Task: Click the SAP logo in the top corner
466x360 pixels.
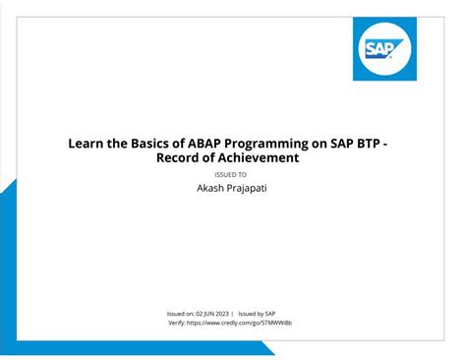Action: click(384, 48)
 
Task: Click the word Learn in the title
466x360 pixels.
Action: click(87, 144)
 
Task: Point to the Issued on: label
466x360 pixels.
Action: click(184, 314)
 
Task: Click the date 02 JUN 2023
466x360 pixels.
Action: click(214, 314)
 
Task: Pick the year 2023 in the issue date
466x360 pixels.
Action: click(225, 314)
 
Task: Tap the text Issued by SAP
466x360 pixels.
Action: click(257, 314)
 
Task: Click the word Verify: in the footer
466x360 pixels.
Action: click(177, 323)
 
